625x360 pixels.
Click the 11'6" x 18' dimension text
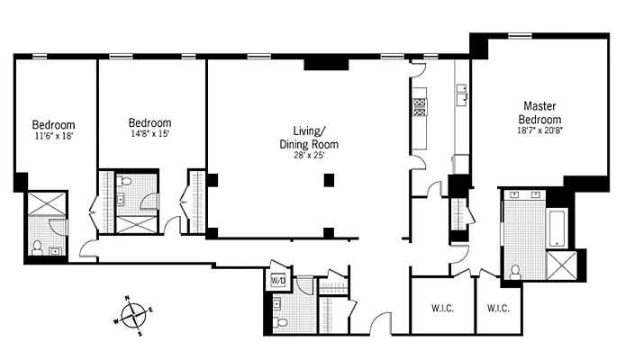tap(53, 137)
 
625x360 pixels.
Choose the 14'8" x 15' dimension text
tap(149, 134)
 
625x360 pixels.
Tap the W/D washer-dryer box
tap(277, 280)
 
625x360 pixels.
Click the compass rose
tap(132, 315)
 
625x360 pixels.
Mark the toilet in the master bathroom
tap(516, 270)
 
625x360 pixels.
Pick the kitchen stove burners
tap(419, 107)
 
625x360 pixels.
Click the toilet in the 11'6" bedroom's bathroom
tap(38, 247)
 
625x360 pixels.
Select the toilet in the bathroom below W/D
tap(281, 321)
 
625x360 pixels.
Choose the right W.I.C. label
tap(498, 309)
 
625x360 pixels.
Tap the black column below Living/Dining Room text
tap(329, 180)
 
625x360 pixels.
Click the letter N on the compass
tap(126, 299)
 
